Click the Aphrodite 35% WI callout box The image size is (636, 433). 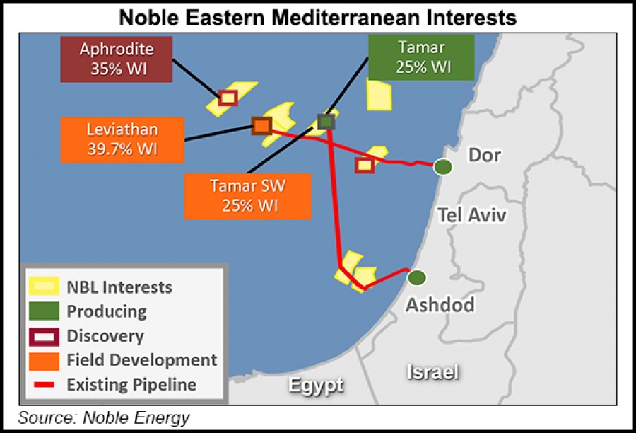point(116,59)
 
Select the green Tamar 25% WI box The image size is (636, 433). point(420,58)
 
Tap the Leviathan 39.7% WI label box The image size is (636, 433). point(122,139)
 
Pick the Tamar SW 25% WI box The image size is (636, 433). point(247,195)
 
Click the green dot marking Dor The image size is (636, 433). point(443,167)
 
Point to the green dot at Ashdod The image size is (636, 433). point(417,278)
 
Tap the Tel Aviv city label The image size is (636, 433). point(471,214)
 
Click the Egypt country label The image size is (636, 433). point(315,386)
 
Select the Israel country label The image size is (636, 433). point(433,372)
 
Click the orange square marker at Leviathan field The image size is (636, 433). point(261,126)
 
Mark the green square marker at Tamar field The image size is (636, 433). point(326,122)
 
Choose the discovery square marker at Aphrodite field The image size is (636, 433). point(228,98)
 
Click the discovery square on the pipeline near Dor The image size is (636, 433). point(364,165)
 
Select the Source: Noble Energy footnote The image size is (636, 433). point(104,417)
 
